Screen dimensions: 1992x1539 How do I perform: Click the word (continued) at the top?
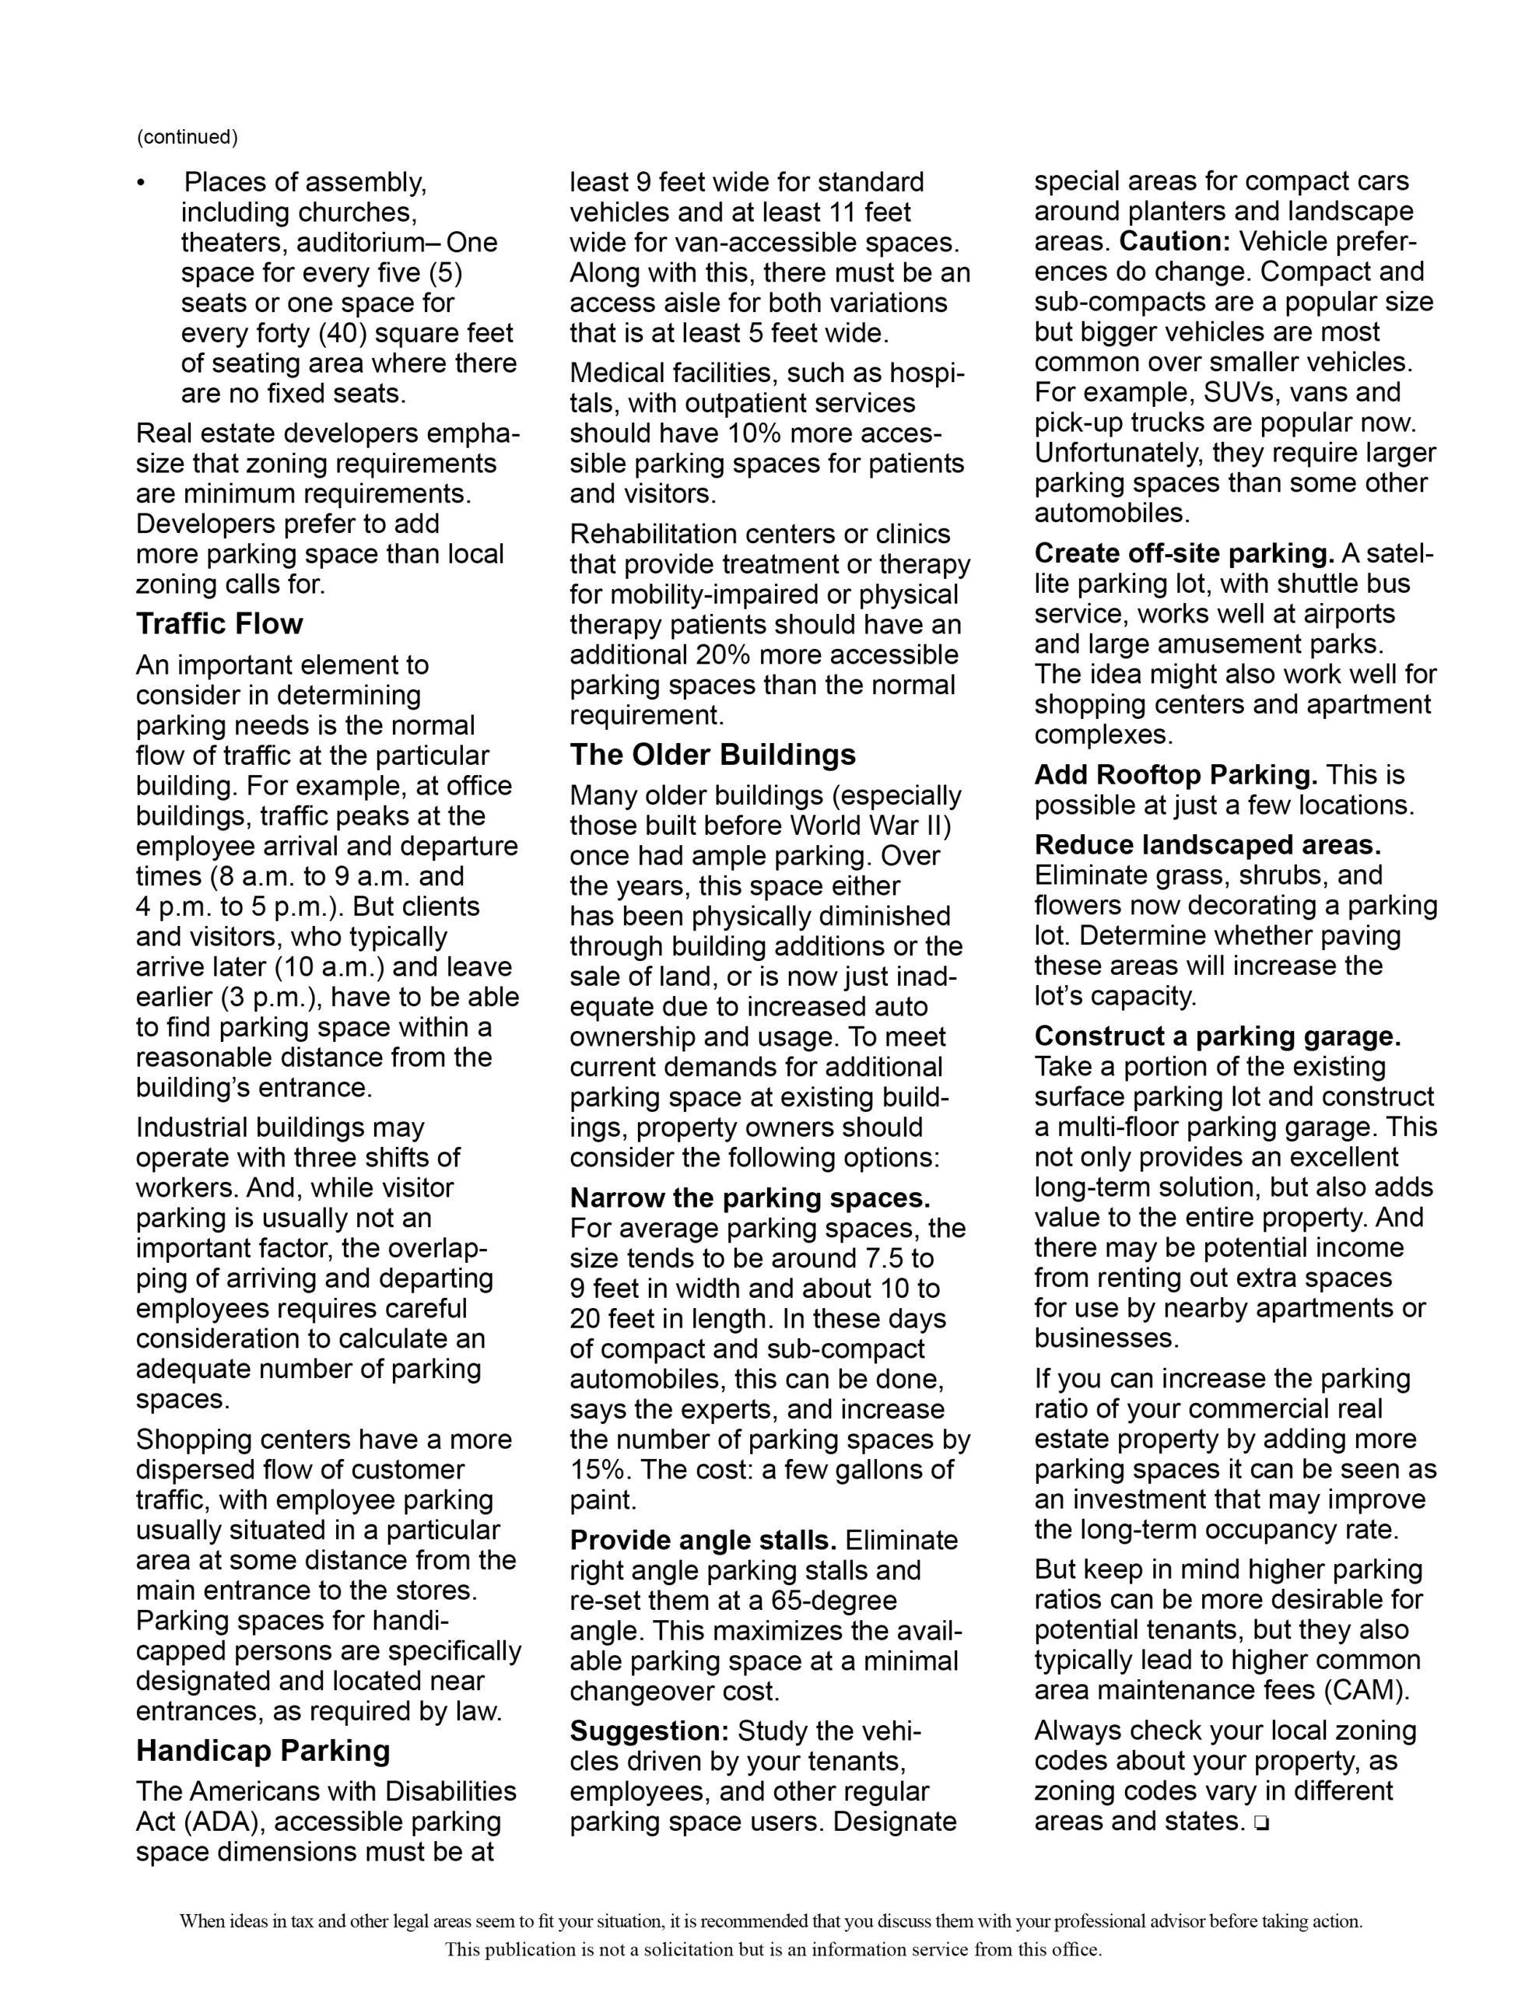click(x=187, y=137)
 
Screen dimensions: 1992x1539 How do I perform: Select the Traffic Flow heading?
click(x=219, y=624)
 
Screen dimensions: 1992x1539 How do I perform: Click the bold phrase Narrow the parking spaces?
click(x=750, y=1198)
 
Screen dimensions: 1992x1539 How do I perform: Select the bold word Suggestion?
click(x=650, y=1731)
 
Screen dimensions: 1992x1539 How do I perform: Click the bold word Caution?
click(x=1176, y=242)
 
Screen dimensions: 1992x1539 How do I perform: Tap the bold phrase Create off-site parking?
click(x=1184, y=554)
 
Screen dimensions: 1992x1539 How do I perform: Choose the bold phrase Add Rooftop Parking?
click(x=1176, y=774)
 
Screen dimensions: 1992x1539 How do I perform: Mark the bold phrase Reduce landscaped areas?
click(x=1208, y=844)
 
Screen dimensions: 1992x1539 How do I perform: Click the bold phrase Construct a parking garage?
click(x=1217, y=1036)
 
